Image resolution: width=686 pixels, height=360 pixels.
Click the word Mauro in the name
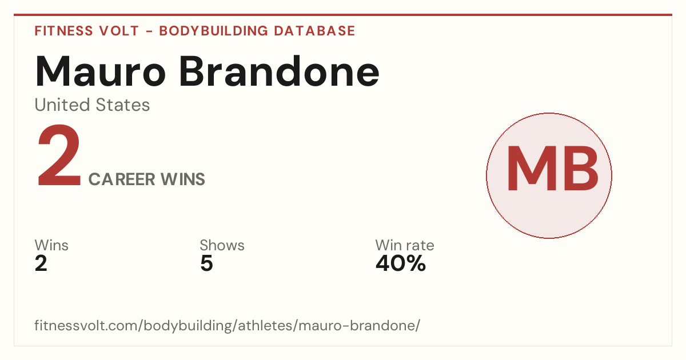(101, 71)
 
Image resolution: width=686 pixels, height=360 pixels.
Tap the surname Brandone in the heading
(280, 71)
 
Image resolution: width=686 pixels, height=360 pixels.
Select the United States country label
(92, 105)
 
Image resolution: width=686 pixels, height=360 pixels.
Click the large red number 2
(59, 155)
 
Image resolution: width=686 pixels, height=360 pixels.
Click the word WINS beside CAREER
(183, 179)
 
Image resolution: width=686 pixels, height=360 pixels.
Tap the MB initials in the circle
(552, 169)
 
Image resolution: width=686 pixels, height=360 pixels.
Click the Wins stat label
(51, 245)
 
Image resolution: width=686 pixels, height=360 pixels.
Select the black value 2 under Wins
(41, 263)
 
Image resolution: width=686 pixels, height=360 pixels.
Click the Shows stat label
(222, 245)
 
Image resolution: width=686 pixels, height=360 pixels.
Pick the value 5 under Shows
(206, 263)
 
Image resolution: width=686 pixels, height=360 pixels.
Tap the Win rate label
(405, 245)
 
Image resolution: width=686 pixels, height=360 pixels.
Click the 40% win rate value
(401, 263)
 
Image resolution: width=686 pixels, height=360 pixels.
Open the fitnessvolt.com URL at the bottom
(228, 325)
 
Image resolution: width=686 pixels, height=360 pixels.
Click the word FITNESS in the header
(63, 31)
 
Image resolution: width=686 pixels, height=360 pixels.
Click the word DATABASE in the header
(314, 31)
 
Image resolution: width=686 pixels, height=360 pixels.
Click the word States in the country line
(122, 105)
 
